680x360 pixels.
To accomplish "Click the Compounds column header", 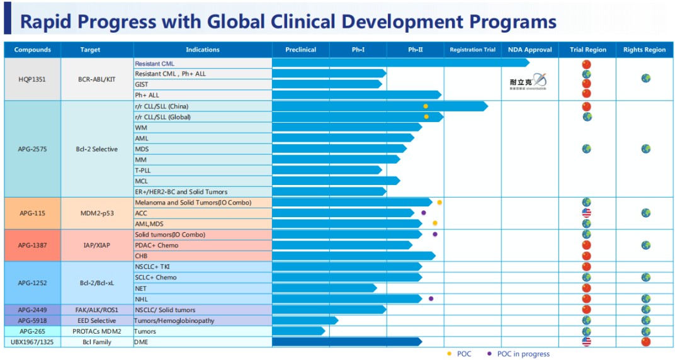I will (32, 50).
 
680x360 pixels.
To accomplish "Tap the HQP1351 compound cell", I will (32, 79).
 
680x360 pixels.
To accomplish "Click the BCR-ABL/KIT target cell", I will (98, 79).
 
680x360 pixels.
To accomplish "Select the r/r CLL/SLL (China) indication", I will (162, 106).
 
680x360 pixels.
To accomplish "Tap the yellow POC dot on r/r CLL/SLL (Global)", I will (426, 117).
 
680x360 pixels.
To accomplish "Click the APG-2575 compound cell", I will (32, 149).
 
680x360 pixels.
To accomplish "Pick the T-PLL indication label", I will (143, 171).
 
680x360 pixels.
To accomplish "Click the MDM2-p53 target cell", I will (98, 213).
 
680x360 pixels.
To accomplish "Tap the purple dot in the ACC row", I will (424, 213).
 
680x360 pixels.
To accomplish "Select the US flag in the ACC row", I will (586, 213).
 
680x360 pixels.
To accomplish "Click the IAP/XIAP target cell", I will (98, 245).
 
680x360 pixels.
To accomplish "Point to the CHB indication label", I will (141, 256).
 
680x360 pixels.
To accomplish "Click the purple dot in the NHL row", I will (431, 299).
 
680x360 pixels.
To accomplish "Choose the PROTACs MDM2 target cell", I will (98, 331).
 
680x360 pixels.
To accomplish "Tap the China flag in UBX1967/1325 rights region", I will (645, 342).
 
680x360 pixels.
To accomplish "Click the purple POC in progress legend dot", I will (490, 354).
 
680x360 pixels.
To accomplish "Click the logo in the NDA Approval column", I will (528, 82).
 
